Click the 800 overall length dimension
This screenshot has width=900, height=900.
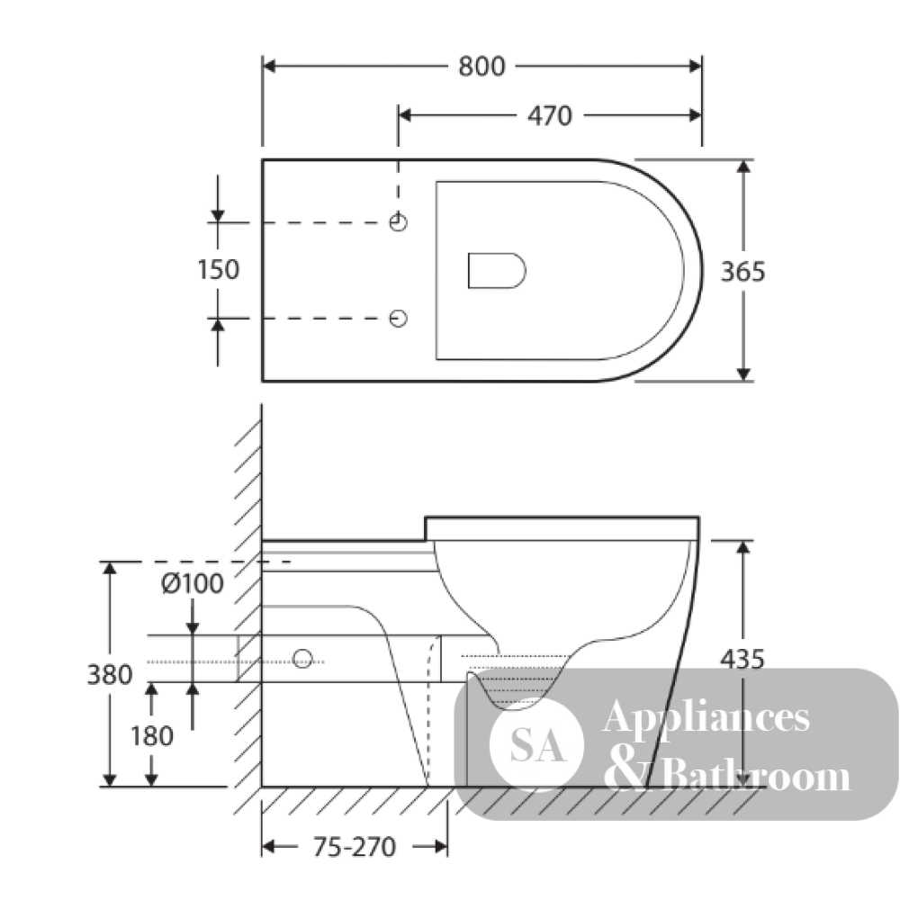click(x=481, y=67)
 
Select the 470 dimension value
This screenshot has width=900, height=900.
click(x=550, y=116)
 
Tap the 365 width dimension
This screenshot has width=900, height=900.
click(x=742, y=272)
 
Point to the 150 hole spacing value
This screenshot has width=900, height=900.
click(x=218, y=270)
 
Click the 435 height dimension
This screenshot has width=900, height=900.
click(x=742, y=660)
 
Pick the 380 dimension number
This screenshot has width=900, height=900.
click(x=110, y=674)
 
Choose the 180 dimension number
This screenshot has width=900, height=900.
click(x=151, y=736)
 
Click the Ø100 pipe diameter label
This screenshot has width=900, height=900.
click(x=193, y=584)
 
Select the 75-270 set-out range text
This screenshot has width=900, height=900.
click(x=354, y=847)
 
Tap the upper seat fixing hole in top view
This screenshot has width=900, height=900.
click(x=399, y=222)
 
